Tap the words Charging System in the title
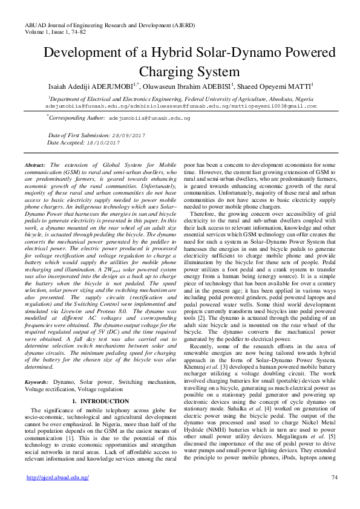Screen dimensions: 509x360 tap(180, 72)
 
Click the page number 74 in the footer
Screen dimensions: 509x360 tap(333, 478)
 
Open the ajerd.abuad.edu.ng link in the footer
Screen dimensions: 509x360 tap(58, 478)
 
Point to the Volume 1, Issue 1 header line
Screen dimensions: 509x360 tap(44, 24)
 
